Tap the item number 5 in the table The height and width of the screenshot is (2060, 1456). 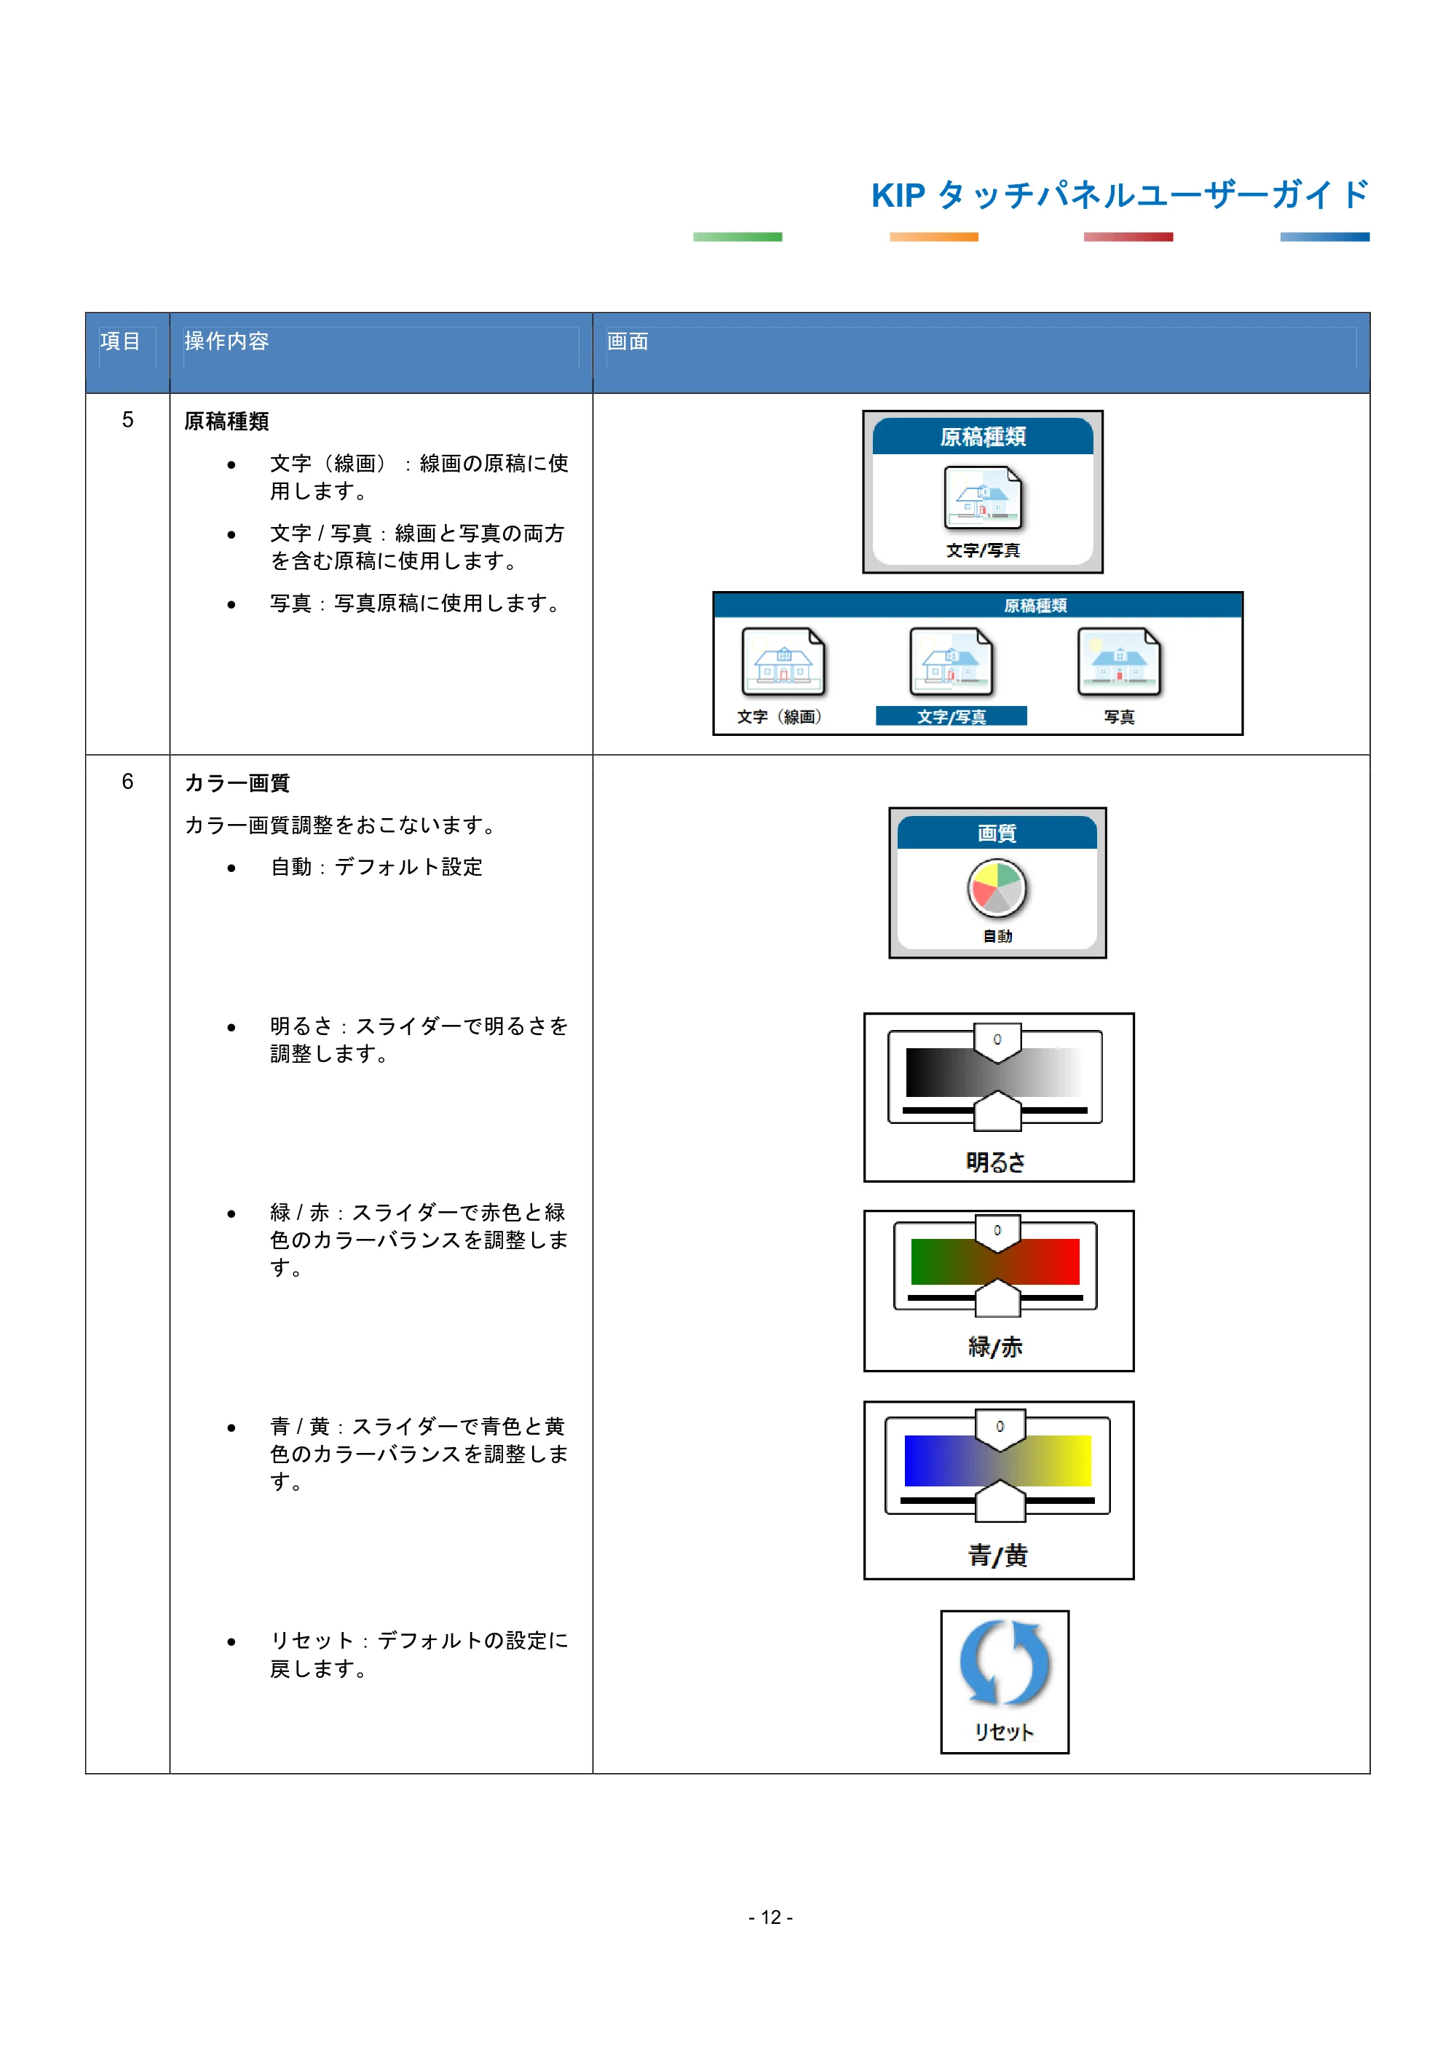127,420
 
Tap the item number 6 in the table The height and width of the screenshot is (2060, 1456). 127,782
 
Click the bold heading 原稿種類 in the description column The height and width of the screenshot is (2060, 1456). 226,421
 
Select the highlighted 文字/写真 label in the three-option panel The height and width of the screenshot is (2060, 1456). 951,716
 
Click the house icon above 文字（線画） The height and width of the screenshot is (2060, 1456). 783,662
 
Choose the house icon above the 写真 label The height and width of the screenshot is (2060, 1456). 1119,662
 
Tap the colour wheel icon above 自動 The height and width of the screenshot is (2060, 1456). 997,888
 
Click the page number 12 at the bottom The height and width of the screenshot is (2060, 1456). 771,1917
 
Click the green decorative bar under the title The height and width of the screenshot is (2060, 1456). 737,237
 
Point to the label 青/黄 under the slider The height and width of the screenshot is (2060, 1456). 997,1555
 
